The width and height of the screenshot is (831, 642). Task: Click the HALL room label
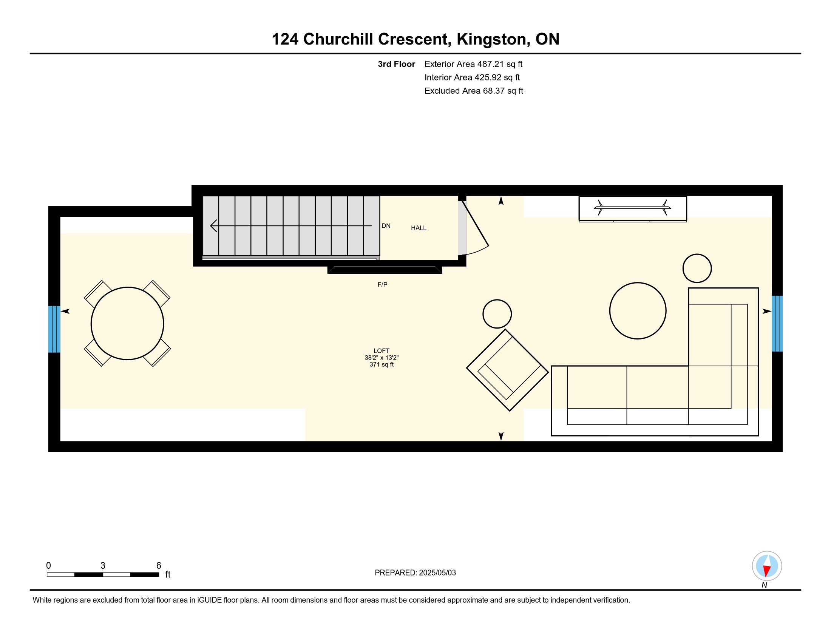click(x=419, y=228)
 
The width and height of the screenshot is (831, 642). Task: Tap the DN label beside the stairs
click(x=386, y=225)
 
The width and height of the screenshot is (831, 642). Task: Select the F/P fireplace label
click(x=382, y=284)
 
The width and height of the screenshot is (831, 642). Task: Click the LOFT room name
click(x=381, y=351)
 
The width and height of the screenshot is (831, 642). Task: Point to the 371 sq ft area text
click(x=382, y=364)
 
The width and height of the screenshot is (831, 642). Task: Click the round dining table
click(x=127, y=323)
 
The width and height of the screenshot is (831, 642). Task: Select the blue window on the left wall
click(x=54, y=329)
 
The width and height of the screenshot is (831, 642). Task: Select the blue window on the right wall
click(x=777, y=323)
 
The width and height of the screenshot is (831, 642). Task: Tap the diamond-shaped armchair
click(x=508, y=370)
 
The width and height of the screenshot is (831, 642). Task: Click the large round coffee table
click(x=638, y=310)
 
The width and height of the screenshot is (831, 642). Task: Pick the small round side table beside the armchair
click(x=497, y=314)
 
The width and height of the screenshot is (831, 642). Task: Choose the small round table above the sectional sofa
click(x=697, y=268)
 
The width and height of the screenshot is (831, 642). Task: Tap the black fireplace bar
click(x=385, y=270)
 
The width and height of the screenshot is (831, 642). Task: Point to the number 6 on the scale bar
click(x=159, y=565)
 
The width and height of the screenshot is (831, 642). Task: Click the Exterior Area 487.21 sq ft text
click(x=473, y=64)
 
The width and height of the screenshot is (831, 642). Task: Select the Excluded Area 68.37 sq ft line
click(x=474, y=91)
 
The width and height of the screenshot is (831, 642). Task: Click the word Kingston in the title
click(x=492, y=39)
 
